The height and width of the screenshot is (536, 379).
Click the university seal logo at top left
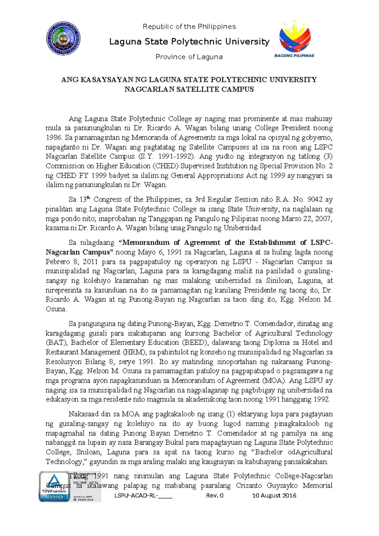point(63,39)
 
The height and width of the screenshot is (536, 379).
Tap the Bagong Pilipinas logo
point(294,39)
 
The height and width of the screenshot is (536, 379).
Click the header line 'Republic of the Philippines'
point(189,27)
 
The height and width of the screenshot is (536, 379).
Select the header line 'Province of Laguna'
point(189,57)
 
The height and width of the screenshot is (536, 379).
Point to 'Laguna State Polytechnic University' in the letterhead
point(189,41)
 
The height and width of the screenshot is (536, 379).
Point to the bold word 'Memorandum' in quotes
point(146,243)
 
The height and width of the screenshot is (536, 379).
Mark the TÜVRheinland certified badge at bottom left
point(54,487)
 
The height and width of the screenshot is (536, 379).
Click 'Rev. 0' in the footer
point(215,495)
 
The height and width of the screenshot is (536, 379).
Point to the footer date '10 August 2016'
point(274,495)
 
